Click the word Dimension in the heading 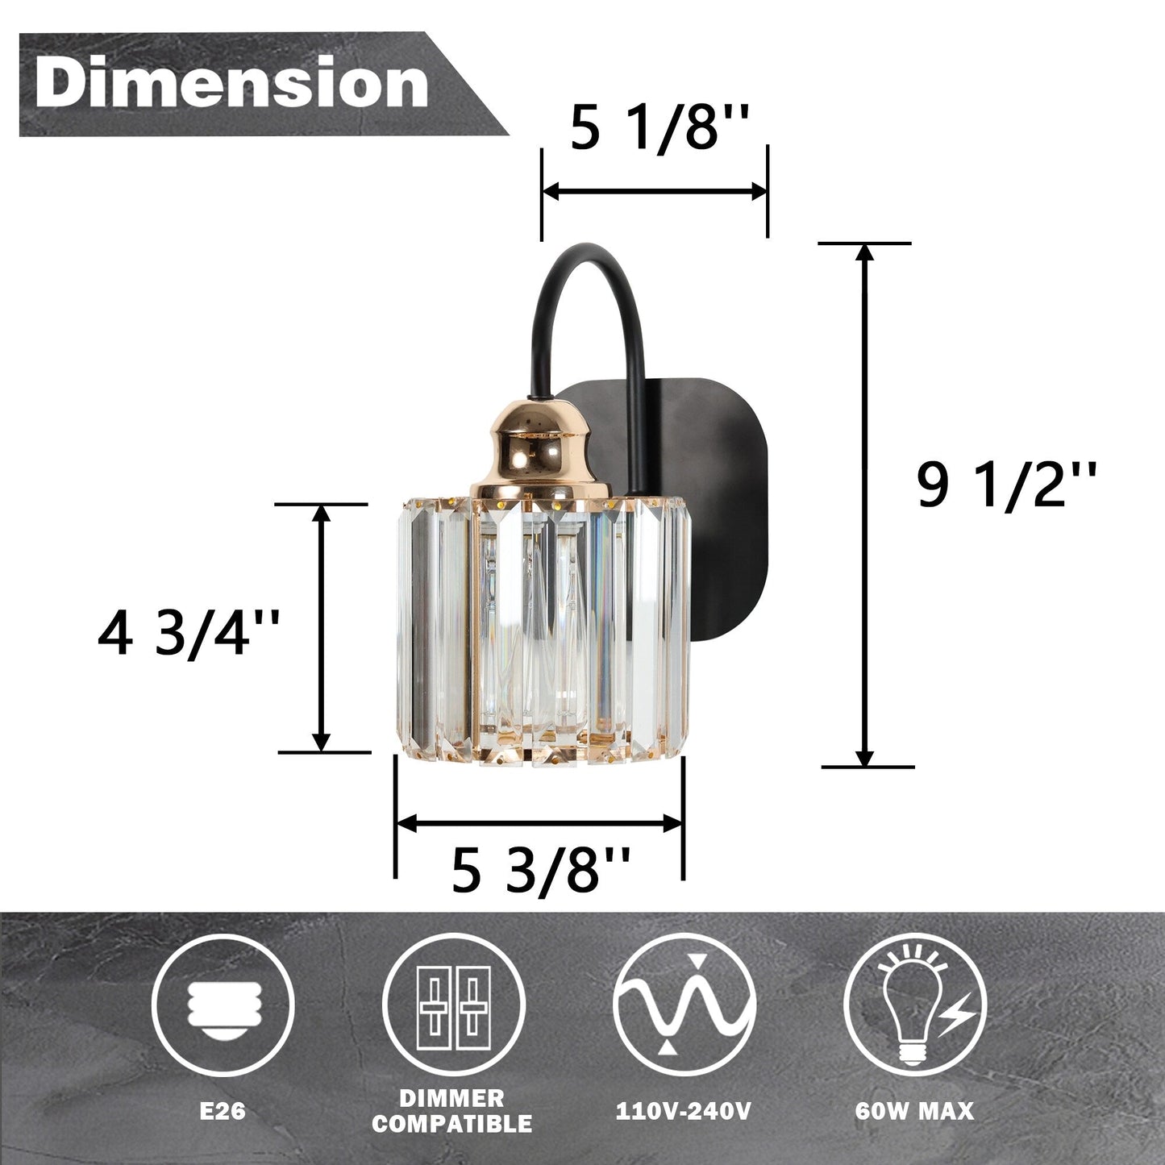coord(231,84)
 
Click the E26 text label coord(223,1112)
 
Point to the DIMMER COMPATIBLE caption coord(451,1112)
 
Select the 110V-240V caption coord(684,1112)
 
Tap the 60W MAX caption coord(914,1112)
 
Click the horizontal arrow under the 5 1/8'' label coord(654,192)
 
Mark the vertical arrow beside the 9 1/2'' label coord(864,504)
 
